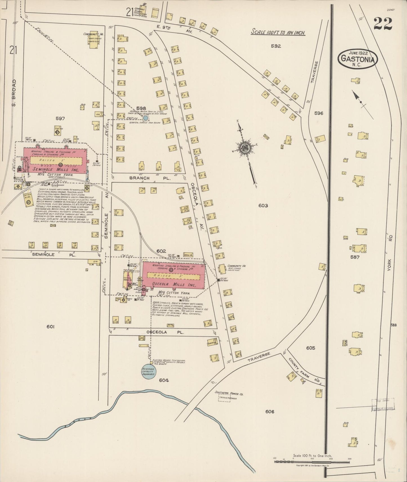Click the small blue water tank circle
[145, 118]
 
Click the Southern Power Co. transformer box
[228, 398]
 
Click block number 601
[50, 326]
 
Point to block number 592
[276, 46]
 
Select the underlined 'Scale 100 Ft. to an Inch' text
[278, 33]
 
